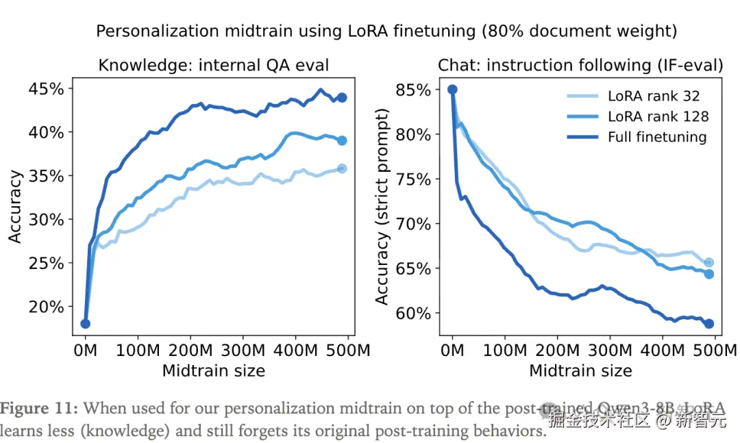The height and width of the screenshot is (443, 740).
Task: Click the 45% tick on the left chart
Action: pyautogui.click(x=47, y=89)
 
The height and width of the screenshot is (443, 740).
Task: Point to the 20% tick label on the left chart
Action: pyautogui.click(x=47, y=307)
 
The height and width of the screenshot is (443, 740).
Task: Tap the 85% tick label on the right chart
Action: pyautogui.click(x=413, y=90)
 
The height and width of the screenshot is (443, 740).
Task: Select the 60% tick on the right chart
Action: pyautogui.click(x=413, y=314)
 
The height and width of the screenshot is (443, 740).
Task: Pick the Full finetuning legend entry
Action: pyautogui.click(x=656, y=137)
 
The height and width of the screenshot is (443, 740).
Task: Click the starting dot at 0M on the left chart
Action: pyautogui.click(x=86, y=324)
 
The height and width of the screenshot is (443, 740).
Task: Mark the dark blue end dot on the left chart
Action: pyautogui.click(x=342, y=97)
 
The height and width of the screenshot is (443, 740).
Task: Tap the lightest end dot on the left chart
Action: pyautogui.click(x=342, y=168)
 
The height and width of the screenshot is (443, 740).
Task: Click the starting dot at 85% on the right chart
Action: pyautogui.click(x=452, y=90)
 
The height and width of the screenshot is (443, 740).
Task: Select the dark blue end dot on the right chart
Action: pyautogui.click(x=709, y=324)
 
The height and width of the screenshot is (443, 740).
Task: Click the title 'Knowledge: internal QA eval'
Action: pyautogui.click(x=214, y=66)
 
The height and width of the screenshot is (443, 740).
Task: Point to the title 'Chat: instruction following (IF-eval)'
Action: pyautogui.click(x=580, y=66)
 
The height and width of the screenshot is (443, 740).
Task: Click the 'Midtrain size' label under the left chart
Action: pyautogui.click(x=214, y=371)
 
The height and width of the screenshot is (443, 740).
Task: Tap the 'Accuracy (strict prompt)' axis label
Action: pyautogui.click(x=382, y=206)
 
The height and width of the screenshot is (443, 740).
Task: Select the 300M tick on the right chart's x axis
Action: pyautogui.click(x=610, y=351)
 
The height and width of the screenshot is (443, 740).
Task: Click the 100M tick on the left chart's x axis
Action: pyautogui.click(x=138, y=351)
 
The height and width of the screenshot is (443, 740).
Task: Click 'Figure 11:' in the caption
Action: pyautogui.click(x=40, y=409)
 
